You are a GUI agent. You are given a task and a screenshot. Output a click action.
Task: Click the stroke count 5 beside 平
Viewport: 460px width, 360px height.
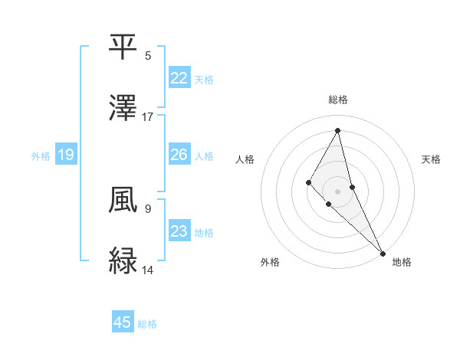[x=148, y=56]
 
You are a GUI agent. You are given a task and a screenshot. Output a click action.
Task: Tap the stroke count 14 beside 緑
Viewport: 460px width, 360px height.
[x=148, y=270]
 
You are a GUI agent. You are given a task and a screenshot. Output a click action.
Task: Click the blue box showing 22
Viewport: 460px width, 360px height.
[x=179, y=77]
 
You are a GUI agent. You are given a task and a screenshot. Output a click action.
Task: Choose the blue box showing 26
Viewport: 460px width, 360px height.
[x=179, y=155]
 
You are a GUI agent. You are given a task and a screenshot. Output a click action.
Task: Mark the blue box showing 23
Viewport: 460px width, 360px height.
[x=179, y=231]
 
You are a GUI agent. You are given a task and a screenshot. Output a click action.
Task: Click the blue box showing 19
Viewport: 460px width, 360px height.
[x=66, y=155]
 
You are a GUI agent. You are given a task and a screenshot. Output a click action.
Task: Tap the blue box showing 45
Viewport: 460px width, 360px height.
[x=123, y=322]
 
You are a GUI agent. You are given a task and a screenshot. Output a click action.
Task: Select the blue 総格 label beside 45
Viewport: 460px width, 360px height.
[x=147, y=324]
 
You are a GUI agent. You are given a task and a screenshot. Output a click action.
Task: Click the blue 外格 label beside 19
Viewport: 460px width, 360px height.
[x=41, y=156]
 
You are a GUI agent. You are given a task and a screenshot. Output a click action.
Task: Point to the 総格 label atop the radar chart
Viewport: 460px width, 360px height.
[x=338, y=100]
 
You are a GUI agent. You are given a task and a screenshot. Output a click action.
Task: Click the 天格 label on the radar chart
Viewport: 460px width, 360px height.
[x=432, y=159]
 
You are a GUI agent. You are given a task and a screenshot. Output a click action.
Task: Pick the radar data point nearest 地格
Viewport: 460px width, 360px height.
[x=383, y=252]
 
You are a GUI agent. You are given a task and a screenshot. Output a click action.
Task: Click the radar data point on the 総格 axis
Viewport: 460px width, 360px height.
[x=338, y=130]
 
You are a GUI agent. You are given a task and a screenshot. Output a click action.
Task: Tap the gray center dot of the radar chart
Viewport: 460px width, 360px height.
[x=338, y=191]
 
